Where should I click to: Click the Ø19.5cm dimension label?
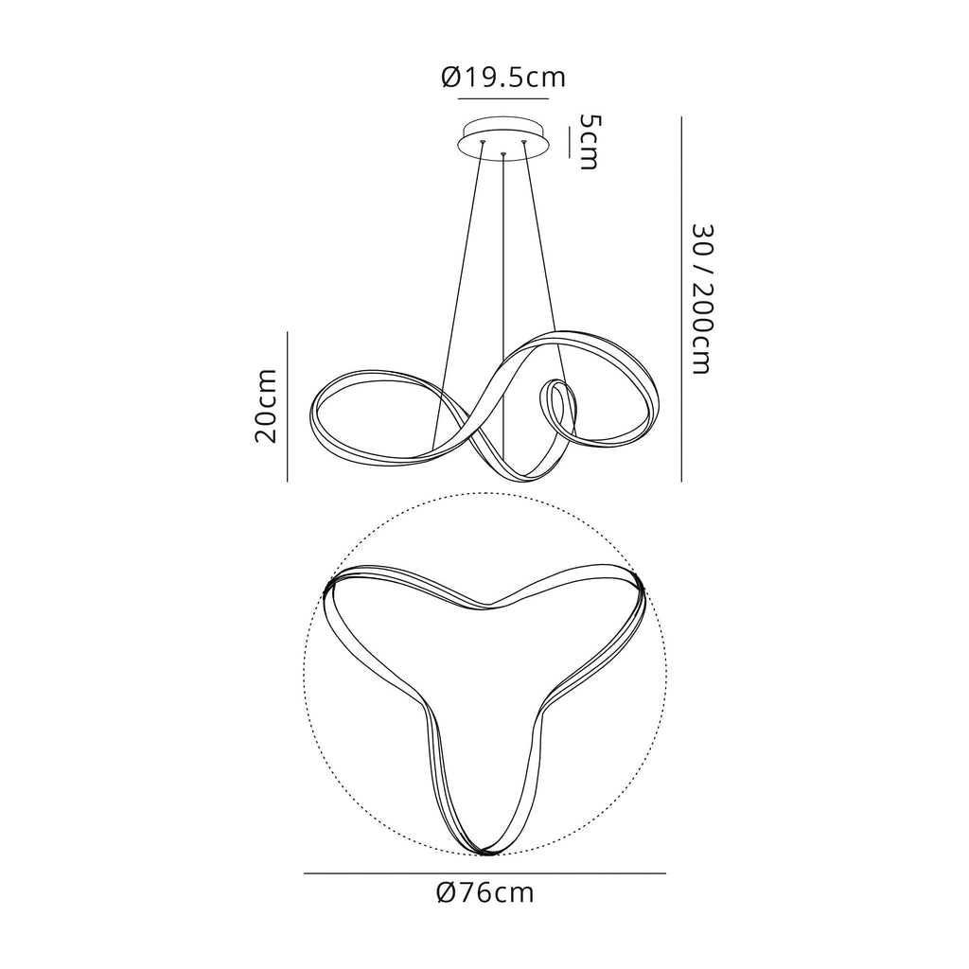503,78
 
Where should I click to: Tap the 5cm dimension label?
588,142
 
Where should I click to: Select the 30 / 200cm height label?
703,299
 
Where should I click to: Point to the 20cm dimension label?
266,406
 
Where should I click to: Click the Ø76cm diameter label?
484,893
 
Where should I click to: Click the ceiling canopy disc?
503,138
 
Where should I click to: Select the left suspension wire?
459,297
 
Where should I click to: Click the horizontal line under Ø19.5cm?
503,98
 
